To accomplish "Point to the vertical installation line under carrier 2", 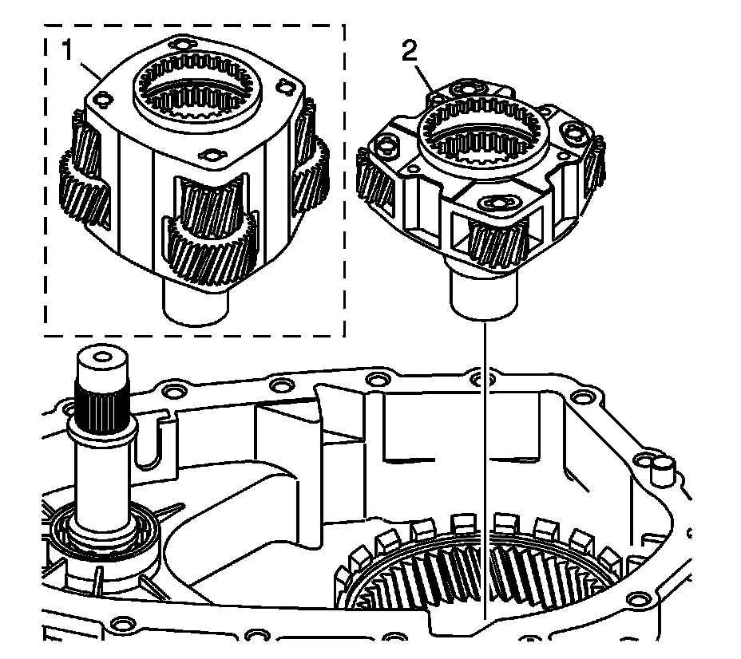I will point(485,447).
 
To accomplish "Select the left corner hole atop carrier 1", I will point(99,100).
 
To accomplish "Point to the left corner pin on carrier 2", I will point(388,144).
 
